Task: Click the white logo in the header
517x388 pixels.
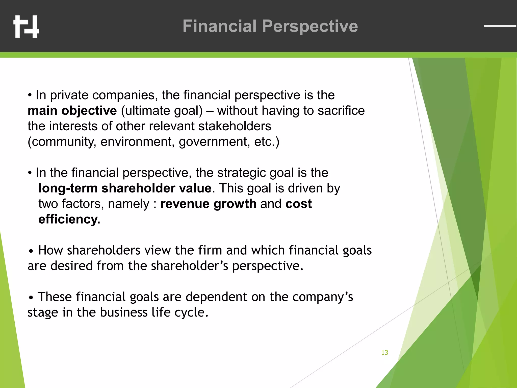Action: coord(26,27)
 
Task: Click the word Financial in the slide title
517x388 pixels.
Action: coord(219,26)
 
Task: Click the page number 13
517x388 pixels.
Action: coord(384,353)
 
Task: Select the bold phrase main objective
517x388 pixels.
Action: coord(72,111)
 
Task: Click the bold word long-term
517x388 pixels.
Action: coord(68,188)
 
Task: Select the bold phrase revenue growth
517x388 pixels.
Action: coord(208,204)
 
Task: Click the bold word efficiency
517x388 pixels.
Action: coord(69,219)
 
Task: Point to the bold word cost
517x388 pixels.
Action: coord(298,204)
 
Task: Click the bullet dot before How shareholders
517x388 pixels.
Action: coord(31,252)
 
